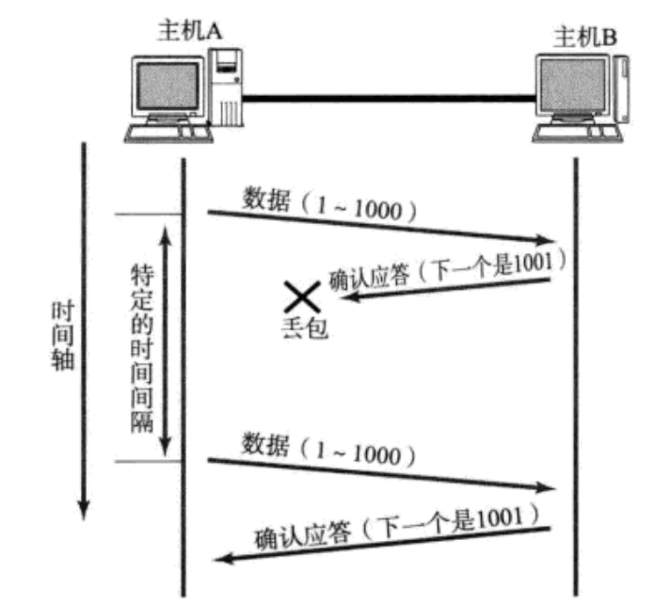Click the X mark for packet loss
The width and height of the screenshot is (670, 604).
301,298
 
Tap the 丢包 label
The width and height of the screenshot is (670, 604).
304,328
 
